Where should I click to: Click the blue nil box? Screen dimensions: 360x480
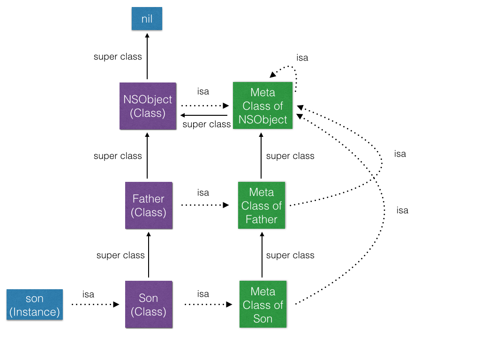[147, 19]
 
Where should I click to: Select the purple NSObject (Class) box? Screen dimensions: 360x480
[148, 106]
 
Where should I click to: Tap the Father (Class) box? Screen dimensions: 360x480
[148, 205]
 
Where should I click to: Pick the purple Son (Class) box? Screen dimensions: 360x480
[148, 305]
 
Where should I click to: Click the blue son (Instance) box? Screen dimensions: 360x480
[35, 305]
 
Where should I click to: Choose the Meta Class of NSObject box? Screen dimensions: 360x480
[262, 106]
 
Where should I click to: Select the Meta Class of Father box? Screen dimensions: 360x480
[262, 205]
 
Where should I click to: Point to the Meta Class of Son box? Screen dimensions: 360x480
[262, 305]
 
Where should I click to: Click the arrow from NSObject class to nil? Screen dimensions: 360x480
[147, 56]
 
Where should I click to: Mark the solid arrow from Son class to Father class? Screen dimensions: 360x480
[149, 255]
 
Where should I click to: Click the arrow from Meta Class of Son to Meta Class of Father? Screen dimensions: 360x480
[262, 255]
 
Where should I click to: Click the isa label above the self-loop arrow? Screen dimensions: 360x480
[302, 58]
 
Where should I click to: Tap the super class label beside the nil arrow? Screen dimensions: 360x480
[118, 57]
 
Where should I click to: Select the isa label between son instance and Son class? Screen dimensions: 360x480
[88, 294]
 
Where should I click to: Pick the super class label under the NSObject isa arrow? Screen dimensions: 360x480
[207, 124]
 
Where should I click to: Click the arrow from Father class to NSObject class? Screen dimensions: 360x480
[148, 157]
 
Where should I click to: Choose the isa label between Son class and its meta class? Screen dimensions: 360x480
[203, 294]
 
